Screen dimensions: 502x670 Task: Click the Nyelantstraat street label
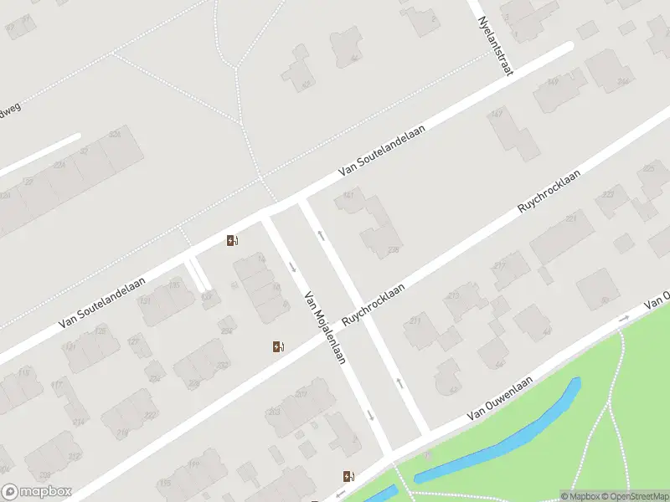(x=492, y=44)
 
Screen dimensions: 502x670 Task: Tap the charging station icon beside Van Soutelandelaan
(x=232, y=241)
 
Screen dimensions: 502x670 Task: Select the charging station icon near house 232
(x=278, y=346)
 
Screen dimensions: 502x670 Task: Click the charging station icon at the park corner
(x=348, y=477)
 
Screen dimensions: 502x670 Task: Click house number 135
(x=173, y=286)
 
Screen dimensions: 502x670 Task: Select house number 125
(x=100, y=331)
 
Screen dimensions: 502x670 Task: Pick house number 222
(x=150, y=416)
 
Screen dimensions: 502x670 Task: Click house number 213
(x=456, y=296)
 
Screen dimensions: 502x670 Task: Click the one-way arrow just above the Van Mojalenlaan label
(x=292, y=267)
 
